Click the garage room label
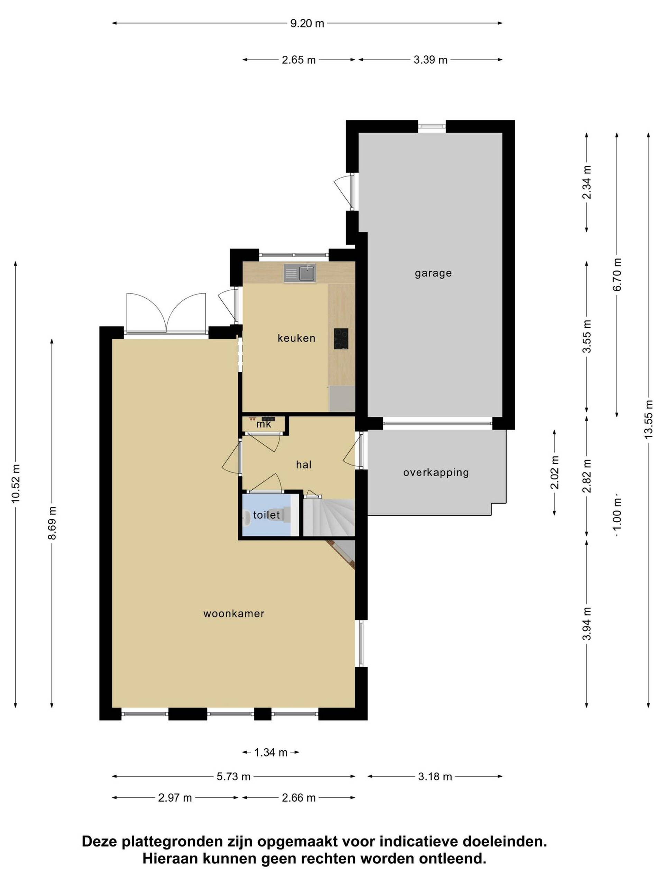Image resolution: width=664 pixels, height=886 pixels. pyautogui.click(x=433, y=273)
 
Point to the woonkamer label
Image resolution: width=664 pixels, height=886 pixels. pyautogui.click(x=234, y=614)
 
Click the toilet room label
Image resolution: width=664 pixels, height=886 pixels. pyautogui.click(x=266, y=515)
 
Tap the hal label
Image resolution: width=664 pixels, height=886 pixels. pyautogui.click(x=304, y=464)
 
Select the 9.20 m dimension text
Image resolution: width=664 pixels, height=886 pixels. pyautogui.click(x=307, y=23)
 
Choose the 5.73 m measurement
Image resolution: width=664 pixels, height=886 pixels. pyautogui.click(x=233, y=777)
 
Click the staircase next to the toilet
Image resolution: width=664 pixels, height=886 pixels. pyautogui.click(x=329, y=517)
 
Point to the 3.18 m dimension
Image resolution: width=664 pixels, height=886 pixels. pyautogui.click(x=435, y=777)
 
